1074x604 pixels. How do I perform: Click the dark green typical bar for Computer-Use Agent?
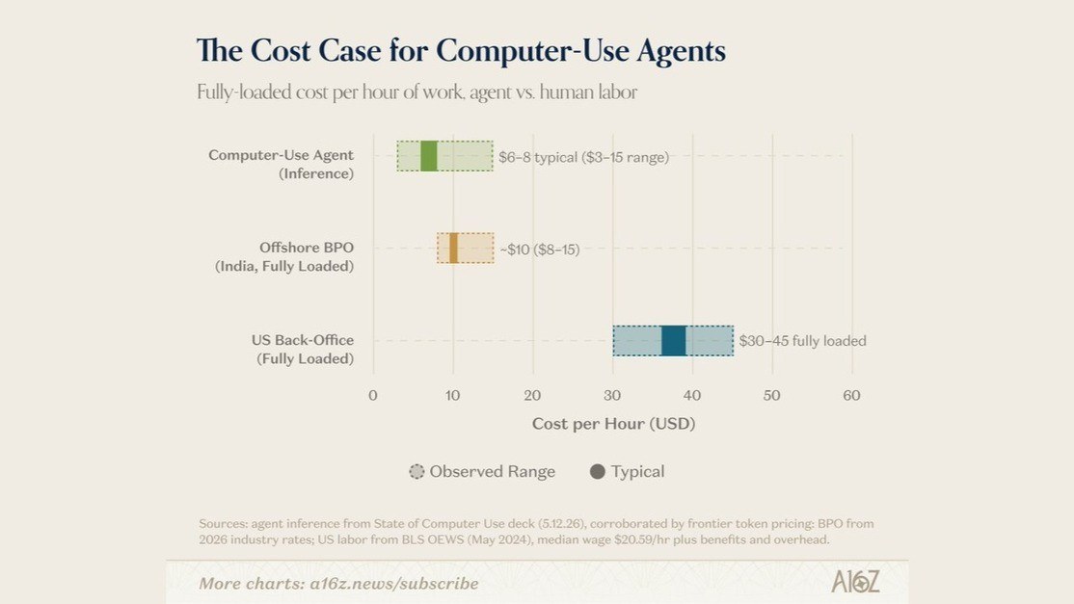point(429,156)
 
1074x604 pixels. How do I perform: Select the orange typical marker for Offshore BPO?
point(453,248)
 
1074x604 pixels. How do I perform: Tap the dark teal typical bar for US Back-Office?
point(673,341)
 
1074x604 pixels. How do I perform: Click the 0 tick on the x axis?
point(372,395)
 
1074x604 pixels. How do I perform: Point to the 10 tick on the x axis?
point(452,395)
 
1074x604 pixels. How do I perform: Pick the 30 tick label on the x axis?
point(612,395)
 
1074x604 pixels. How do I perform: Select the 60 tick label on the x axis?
point(851,395)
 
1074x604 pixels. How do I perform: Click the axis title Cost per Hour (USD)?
point(614,424)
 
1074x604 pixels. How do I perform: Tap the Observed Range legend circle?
point(416,471)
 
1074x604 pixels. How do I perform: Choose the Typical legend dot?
point(598,471)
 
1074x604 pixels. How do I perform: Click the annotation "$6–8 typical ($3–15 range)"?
point(583,157)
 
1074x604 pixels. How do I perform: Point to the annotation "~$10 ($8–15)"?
point(540,249)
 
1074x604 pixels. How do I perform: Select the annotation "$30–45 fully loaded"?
point(803,341)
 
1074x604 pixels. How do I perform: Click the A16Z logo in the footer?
point(855,582)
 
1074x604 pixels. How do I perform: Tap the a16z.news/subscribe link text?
point(394,584)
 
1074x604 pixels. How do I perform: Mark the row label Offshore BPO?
point(307,247)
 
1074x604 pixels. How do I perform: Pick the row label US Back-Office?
point(303,340)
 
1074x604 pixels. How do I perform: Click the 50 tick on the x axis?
point(772,395)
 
